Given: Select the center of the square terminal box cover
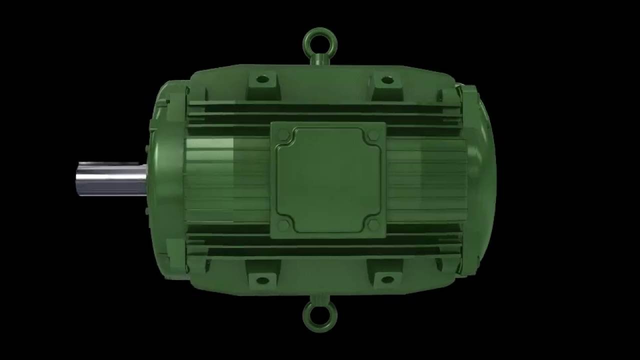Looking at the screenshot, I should tap(328, 180).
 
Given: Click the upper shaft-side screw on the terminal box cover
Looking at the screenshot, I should tap(283, 135).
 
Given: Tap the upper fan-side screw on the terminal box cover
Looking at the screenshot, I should tap(372, 135).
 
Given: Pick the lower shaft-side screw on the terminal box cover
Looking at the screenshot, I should tap(283, 225).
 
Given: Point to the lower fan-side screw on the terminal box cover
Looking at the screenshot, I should tap(372, 225).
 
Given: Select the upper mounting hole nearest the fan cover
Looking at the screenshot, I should tap(386, 79).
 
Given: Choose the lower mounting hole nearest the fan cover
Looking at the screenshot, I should tap(386, 280).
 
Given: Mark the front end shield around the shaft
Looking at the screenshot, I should tap(165, 180).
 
